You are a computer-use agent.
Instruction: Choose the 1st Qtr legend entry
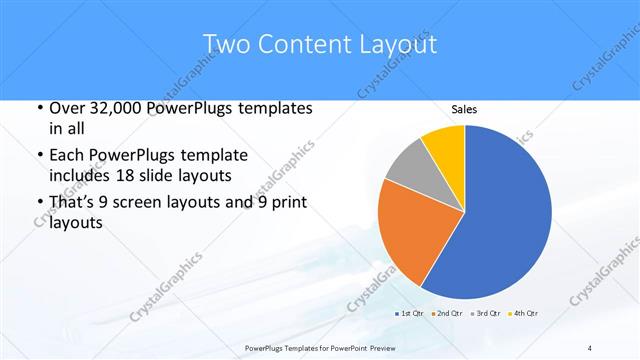pos(411,314)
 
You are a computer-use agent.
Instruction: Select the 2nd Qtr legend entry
pos(446,314)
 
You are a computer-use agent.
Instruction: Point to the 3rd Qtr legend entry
pos(487,314)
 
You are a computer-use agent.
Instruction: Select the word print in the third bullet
pos(287,203)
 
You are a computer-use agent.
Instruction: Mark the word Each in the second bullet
pos(67,156)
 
